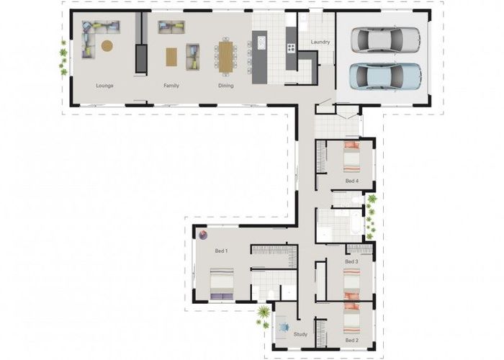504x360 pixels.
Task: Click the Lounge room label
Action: point(105,86)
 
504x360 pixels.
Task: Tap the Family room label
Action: point(171,86)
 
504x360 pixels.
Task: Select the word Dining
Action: point(226,86)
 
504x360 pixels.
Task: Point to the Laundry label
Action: point(320,42)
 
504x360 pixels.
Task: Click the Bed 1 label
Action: point(222,251)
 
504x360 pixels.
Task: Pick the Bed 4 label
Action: point(352,181)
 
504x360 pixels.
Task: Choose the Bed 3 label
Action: point(351,261)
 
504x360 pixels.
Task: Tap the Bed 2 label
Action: point(352,340)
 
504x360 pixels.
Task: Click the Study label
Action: point(300,334)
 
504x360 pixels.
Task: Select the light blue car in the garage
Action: point(385,76)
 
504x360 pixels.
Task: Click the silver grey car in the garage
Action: point(385,40)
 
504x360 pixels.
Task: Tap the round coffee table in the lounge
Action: point(107,45)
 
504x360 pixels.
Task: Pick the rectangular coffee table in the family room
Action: point(171,57)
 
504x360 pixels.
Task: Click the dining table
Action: point(225,57)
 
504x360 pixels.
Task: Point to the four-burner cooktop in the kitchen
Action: point(291,48)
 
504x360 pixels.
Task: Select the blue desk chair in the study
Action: point(284,327)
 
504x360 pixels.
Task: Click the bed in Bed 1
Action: point(222,284)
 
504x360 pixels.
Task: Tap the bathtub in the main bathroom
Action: point(356,222)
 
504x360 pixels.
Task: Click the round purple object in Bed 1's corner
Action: point(202,235)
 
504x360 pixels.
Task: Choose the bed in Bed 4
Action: point(351,157)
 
